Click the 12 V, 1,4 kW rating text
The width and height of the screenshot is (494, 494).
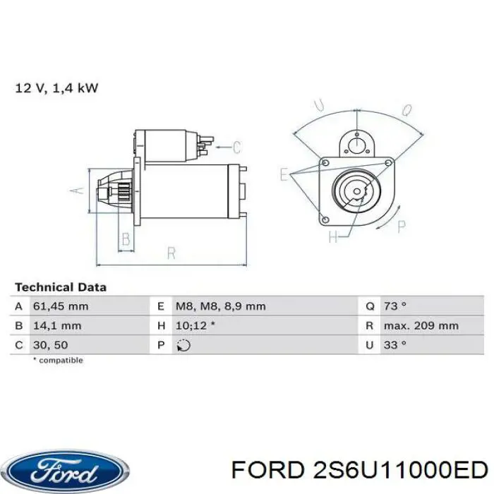coord(56,88)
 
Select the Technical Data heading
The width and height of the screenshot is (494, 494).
coord(61,287)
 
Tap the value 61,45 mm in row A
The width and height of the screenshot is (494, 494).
coord(61,306)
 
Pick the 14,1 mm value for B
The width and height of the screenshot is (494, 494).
coord(57,326)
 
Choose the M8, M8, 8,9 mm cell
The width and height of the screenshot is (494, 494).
coord(219,306)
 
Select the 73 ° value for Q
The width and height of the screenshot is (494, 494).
coord(395,306)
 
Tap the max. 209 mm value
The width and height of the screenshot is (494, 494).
coord(421,326)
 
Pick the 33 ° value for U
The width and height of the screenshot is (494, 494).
coord(395,345)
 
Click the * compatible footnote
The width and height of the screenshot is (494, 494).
coord(58,361)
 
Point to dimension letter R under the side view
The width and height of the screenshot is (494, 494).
coord(171,253)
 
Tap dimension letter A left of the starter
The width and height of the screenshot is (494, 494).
coord(78,190)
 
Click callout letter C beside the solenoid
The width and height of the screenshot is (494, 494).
coord(236,147)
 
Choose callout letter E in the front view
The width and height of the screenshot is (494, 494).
coord(284,174)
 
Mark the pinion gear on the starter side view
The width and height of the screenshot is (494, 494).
coord(119,190)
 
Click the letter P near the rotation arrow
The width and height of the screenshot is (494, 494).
coord(402,227)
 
